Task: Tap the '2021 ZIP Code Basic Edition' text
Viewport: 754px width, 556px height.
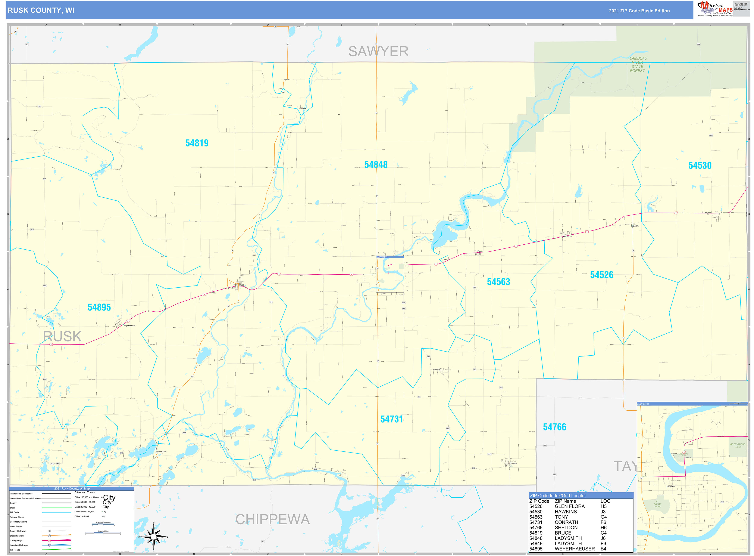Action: click(639, 11)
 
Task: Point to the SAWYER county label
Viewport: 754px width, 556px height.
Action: click(378, 52)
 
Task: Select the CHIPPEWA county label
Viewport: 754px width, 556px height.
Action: click(272, 519)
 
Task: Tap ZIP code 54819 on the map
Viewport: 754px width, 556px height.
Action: click(197, 143)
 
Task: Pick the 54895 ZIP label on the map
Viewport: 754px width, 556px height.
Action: click(99, 307)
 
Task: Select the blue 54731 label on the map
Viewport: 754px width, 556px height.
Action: click(391, 419)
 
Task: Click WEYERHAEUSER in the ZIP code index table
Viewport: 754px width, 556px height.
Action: click(574, 549)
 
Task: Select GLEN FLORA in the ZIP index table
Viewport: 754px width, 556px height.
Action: click(569, 506)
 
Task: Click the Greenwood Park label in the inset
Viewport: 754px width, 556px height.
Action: click(738, 445)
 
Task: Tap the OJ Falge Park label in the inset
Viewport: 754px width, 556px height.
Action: click(657, 504)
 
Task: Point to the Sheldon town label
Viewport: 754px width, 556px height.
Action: click(513, 463)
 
